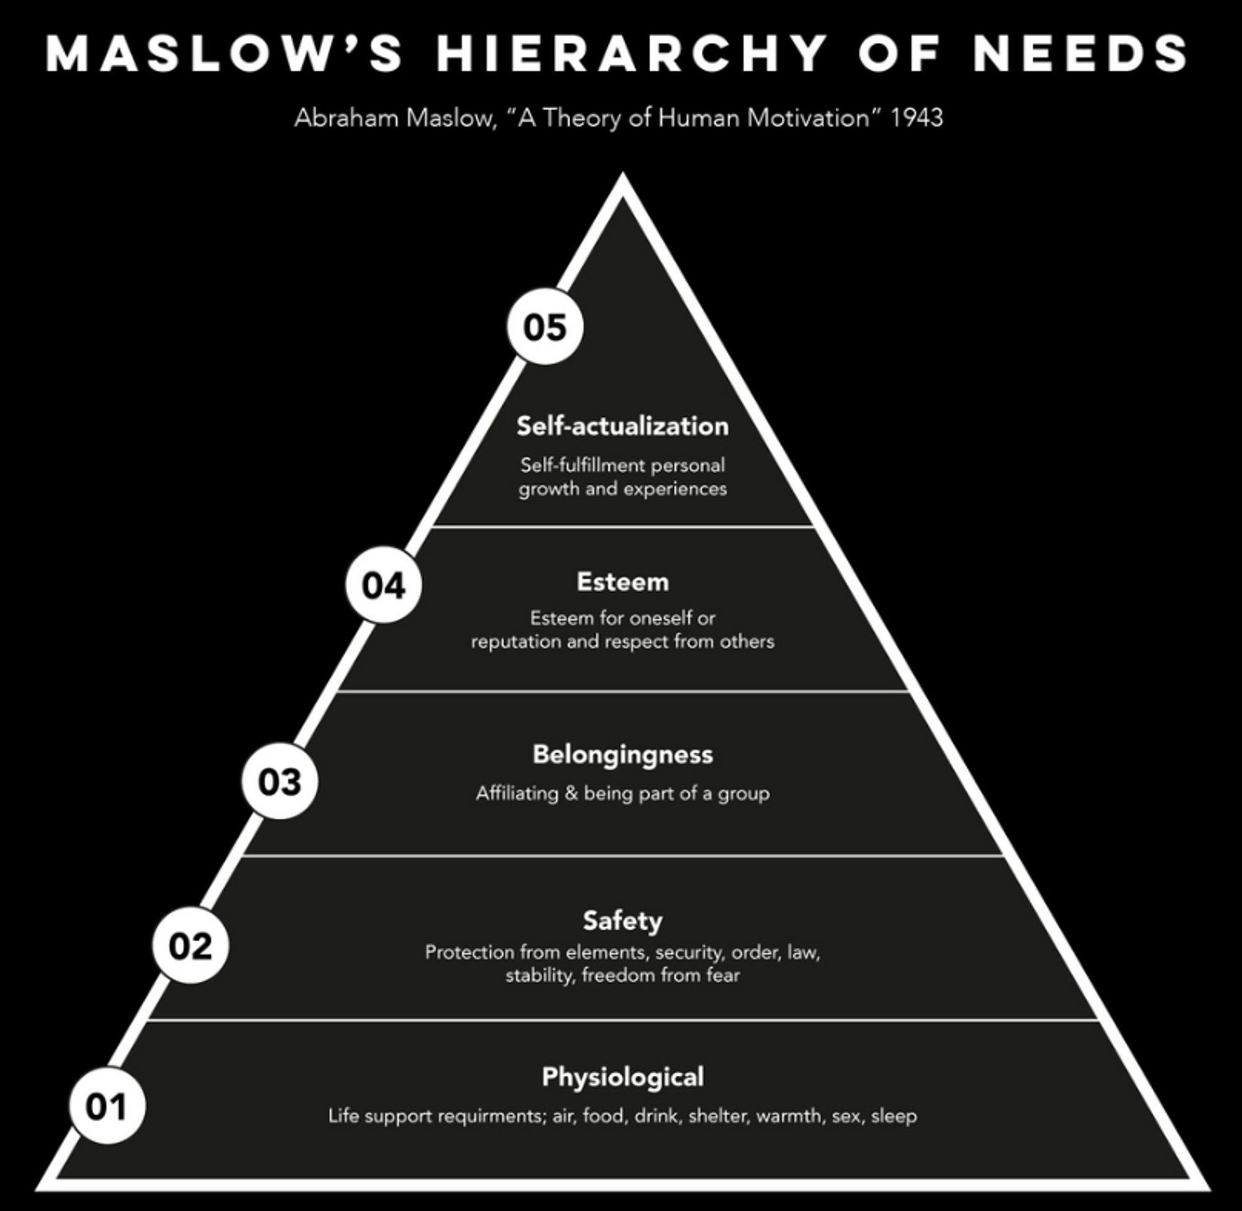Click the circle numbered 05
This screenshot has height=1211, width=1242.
545,327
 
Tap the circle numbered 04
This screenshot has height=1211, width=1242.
384,584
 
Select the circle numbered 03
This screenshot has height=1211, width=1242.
280,781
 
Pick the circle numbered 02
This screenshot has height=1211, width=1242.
190,946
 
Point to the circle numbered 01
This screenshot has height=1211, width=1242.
107,1107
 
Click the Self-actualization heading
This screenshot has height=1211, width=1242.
622,426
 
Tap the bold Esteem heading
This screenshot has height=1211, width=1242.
622,582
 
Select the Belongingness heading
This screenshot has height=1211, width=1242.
622,755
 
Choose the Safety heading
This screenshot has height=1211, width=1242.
622,920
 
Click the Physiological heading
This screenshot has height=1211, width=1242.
622,1077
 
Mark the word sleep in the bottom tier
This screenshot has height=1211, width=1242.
894,1116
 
